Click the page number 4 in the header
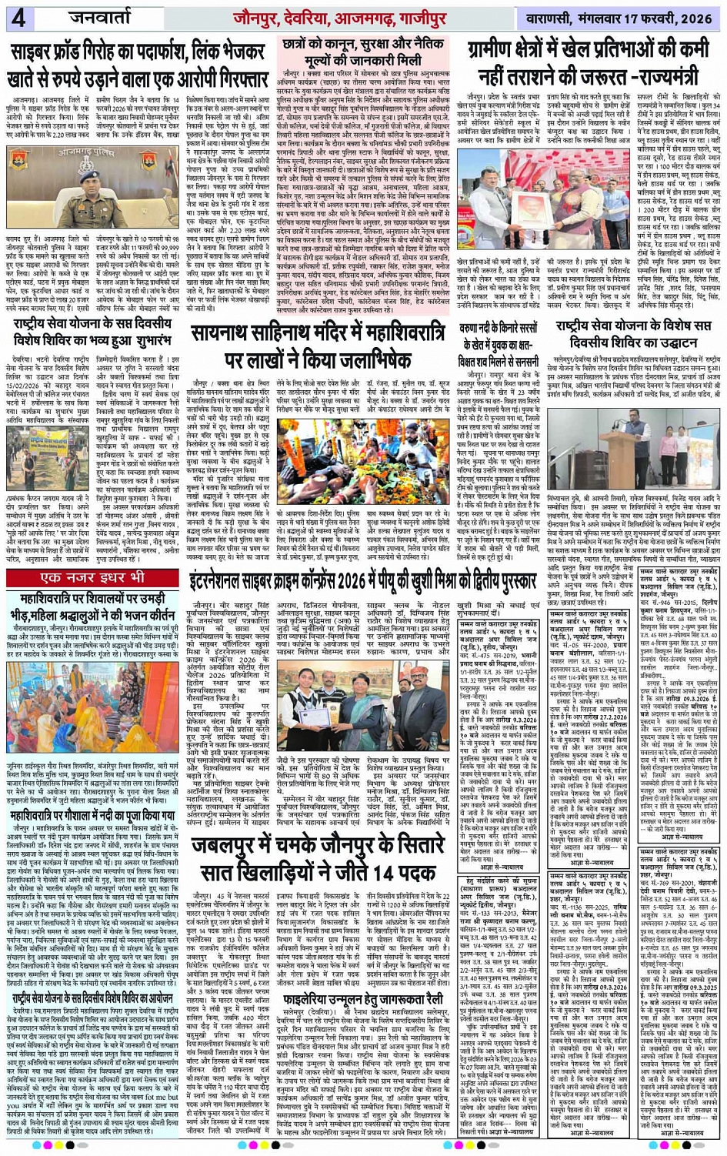click(18, 18)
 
